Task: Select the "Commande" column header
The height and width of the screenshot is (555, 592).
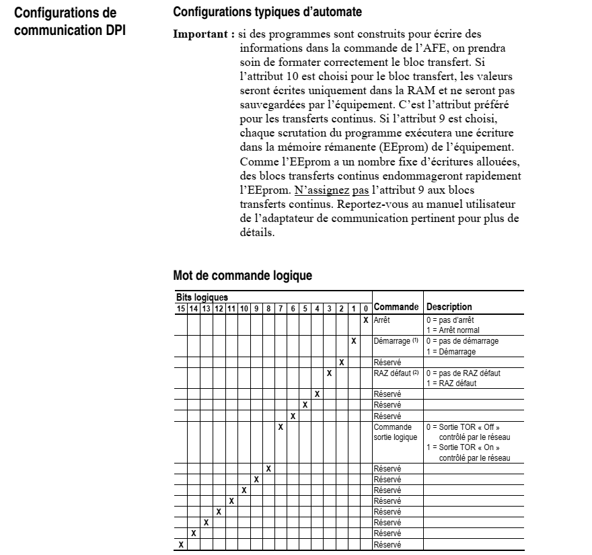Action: [x=397, y=307]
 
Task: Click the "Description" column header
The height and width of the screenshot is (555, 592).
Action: [x=449, y=307]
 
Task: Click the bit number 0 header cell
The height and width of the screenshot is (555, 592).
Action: [x=365, y=307]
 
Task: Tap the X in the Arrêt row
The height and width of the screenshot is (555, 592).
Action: [x=365, y=319]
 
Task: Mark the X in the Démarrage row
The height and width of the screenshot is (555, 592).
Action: [x=353, y=342]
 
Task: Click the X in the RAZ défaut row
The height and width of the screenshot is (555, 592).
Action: [x=329, y=373]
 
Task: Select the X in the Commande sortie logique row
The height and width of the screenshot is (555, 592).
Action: [x=280, y=427]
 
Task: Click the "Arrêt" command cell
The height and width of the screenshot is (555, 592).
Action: [x=382, y=319]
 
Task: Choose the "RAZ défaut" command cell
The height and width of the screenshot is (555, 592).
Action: [x=394, y=373]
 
